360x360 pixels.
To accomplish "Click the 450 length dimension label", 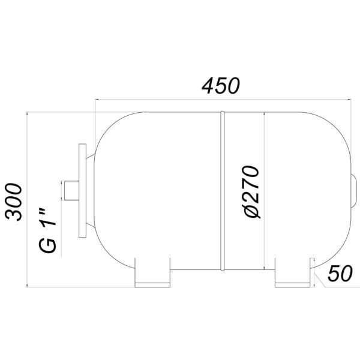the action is pos(221,86).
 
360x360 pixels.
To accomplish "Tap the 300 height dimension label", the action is pos(14,202).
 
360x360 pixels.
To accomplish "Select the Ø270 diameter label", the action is pos(251,192).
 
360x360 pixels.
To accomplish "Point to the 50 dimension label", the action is pos(340,273).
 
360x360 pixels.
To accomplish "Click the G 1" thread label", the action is pos(48,231).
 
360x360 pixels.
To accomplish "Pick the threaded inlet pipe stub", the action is pos(71,191).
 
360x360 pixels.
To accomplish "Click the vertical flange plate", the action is pos(82,191).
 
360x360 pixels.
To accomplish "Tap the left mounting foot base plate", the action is pos(152,285).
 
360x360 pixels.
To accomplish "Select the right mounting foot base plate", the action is pos(293,285).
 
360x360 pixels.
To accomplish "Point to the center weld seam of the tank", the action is pos(222,191).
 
